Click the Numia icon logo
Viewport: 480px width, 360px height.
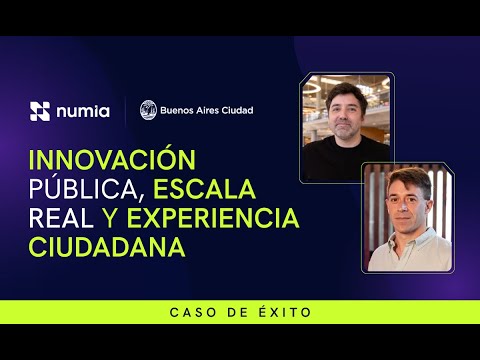[x=40, y=111]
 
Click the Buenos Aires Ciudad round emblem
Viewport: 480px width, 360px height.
[x=148, y=110]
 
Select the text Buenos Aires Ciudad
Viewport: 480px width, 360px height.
[x=206, y=110]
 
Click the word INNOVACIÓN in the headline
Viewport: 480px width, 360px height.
[x=96, y=160]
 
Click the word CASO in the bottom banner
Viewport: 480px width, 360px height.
[x=188, y=313]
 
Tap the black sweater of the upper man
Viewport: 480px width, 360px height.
[x=345, y=158]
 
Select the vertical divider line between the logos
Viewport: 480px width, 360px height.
[x=125, y=110]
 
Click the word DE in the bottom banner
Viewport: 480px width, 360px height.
[x=236, y=313]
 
